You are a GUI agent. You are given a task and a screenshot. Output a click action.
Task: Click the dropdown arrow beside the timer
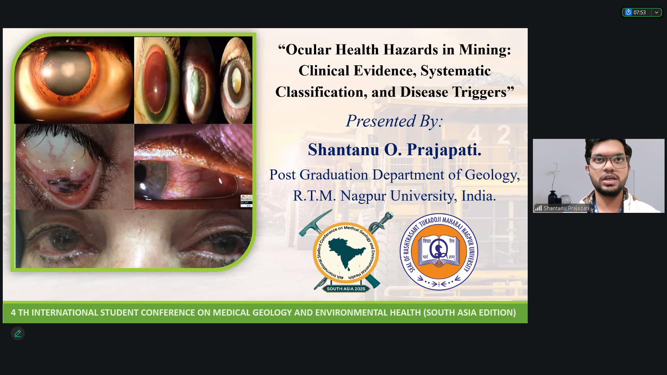point(656,12)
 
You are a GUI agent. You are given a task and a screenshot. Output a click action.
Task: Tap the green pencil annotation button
point(18,333)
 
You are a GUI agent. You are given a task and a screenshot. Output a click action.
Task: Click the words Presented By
point(394,121)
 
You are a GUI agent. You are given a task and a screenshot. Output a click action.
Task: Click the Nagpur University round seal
point(439,252)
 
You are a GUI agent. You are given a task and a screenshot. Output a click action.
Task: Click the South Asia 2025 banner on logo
point(346,289)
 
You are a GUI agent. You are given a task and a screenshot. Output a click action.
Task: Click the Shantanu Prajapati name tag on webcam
point(566,208)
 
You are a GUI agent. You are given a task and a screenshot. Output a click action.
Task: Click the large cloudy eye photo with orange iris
point(74,80)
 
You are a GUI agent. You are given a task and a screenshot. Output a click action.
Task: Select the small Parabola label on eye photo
point(246,200)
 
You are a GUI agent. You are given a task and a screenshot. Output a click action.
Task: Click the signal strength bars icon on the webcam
point(538,208)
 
